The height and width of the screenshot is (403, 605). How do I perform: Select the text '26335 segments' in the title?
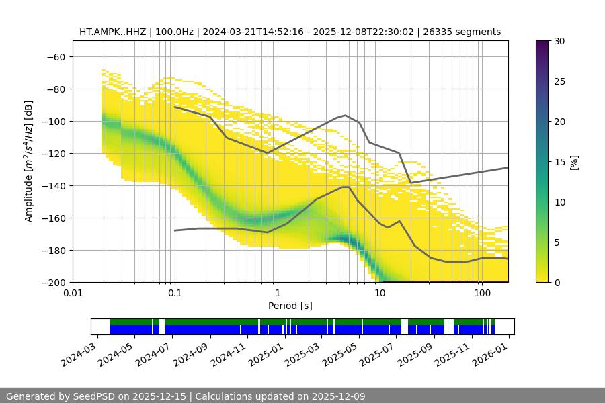click(467, 32)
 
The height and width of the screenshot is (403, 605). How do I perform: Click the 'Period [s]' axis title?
click(290, 306)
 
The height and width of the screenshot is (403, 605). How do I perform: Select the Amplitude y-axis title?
click(29, 161)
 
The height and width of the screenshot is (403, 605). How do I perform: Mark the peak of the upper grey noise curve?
click(346, 115)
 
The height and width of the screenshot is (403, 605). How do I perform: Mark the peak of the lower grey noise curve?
click(345, 187)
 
